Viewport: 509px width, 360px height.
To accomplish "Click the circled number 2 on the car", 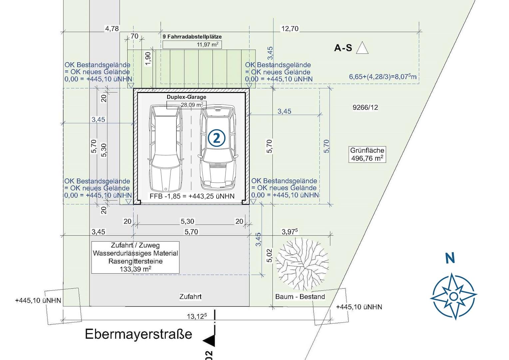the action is (x=217, y=138).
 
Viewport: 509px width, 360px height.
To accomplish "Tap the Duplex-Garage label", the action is (x=187, y=97).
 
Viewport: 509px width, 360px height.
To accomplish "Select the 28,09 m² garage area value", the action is (x=192, y=105).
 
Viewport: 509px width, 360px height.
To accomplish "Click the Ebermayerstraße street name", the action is (x=139, y=334).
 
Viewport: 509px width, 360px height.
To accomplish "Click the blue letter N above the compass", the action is (x=450, y=258).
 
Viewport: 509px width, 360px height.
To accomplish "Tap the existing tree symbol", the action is (x=302, y=264).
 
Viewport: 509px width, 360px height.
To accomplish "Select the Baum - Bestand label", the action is (x=300, y=297).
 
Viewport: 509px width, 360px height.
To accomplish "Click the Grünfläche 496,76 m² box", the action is (x=367, y=154).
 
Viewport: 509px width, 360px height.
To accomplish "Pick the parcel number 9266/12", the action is (x=365, y=107).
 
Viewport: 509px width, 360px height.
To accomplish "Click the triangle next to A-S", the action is (x=362, y=48).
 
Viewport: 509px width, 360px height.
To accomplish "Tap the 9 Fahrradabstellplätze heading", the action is (x=192, y=37).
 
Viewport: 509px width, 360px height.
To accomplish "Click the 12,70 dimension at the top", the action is (x=290, y=29).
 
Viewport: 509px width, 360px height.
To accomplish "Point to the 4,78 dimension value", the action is (x=112, y=29).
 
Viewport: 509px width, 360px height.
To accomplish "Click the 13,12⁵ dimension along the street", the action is (x=197, y=316).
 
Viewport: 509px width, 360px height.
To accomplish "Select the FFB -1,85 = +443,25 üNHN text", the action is (x=192, y=196).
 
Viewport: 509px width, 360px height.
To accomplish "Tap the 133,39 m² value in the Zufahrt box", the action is (x=136, y=269).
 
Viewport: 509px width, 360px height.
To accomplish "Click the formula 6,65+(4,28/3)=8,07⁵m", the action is (x=383, y=77).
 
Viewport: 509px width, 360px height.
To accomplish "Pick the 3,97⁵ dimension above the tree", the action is (x=290, y=232).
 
